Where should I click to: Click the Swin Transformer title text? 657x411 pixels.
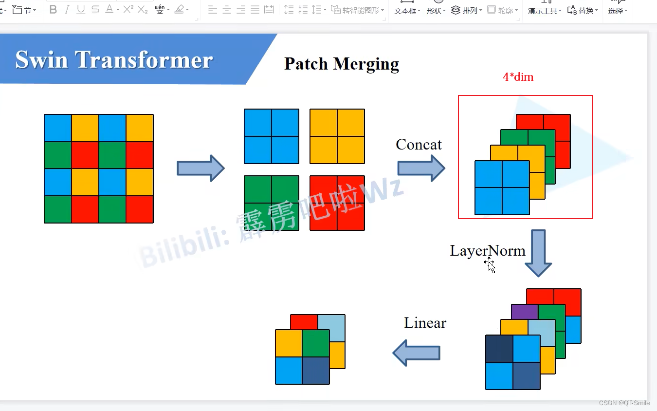click(114, 60)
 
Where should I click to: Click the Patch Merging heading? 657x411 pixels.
click(341, 64)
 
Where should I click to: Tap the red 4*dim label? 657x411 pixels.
click(518, 77)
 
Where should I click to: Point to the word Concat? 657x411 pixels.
click(419, 145)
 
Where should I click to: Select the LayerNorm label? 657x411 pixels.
click(487, 251)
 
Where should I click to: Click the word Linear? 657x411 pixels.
click(425, 323)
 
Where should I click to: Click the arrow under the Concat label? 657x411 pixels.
click(421, 168)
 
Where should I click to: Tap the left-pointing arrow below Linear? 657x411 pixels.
click(417, 353)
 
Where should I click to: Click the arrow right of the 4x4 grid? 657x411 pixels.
click(200, 168)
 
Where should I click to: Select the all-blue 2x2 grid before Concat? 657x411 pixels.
click(271, 136)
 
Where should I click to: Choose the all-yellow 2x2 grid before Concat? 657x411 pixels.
click(337, 136)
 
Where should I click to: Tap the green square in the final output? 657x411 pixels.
click(316, 343)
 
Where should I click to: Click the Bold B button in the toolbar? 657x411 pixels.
click(53, 10)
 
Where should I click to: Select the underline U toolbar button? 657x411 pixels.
click(81, 10)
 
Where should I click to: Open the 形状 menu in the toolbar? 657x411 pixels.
click(436, 11)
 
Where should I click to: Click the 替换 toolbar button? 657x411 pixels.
click(583, 10)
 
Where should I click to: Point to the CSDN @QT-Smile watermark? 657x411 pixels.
click(624, 403)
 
